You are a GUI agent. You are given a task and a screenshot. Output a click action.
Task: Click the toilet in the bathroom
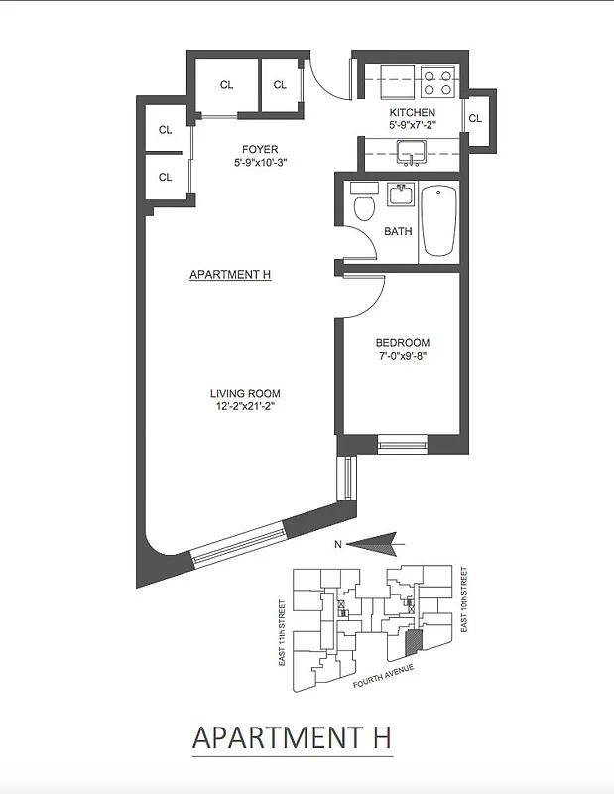(x=363, y=206)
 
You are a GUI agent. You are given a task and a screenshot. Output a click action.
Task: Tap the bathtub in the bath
(x=437, y=219)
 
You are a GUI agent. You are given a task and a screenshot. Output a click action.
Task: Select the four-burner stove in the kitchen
(x=436, y=80)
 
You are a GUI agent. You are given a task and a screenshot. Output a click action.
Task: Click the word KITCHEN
(x=412, y=113)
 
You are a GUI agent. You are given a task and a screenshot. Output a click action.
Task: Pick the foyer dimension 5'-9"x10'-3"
(x=261, y=163)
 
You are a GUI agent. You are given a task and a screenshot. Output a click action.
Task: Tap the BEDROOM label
(x=402, y=343)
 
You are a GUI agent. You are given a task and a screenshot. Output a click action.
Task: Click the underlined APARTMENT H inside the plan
(x=230, y=275)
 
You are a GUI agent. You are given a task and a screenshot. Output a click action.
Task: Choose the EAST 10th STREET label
(x=463, y=600)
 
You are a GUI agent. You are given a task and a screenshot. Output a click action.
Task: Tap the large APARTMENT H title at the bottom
(x=292, y=738)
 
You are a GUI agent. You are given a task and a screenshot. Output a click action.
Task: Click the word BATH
(x=398, y=232)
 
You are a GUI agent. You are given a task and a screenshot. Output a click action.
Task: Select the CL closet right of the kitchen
(x=475, y=118)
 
